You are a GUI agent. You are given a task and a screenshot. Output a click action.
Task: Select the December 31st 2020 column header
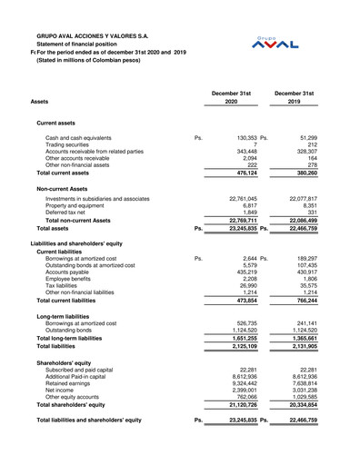[x=231, y=97]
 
